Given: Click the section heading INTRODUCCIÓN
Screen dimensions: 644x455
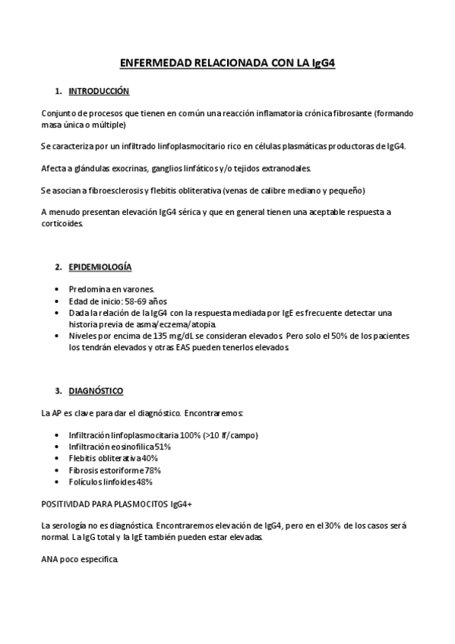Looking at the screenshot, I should pyautogui.click(x=99, y=91).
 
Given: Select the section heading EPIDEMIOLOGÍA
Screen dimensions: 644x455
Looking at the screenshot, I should pyautogui.click(x=100, y=267).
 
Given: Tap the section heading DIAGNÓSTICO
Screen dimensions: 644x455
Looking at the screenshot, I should pyautogui.click(x=96, y=391).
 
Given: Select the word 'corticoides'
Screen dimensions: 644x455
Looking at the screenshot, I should pyautogui.click(x=62, y=223).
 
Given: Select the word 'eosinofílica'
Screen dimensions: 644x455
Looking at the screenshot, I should pyautogui.click(x=134, y=447).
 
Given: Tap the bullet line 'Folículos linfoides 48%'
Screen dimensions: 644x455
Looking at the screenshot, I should pyautogui.click(x=110, y=481).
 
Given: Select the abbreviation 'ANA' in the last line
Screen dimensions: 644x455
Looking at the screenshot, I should pyautogui.click(x=50, y=560).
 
